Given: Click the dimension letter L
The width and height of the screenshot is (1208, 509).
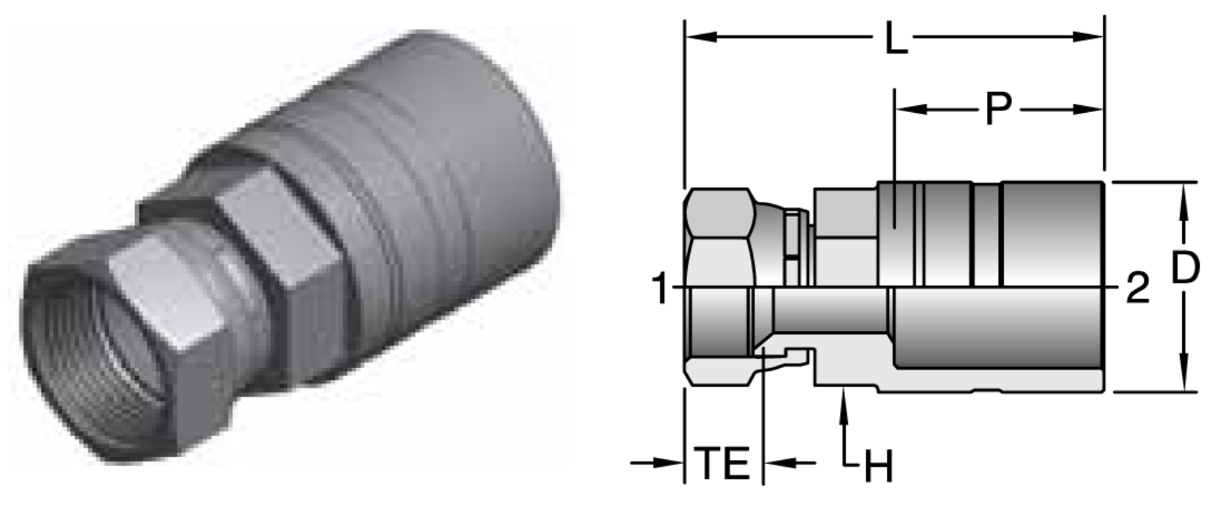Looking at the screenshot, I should (896, 39).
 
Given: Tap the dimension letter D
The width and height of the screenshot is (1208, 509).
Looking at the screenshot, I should (1185, 271).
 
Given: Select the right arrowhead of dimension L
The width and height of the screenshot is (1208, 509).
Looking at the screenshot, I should (1091, 37).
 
